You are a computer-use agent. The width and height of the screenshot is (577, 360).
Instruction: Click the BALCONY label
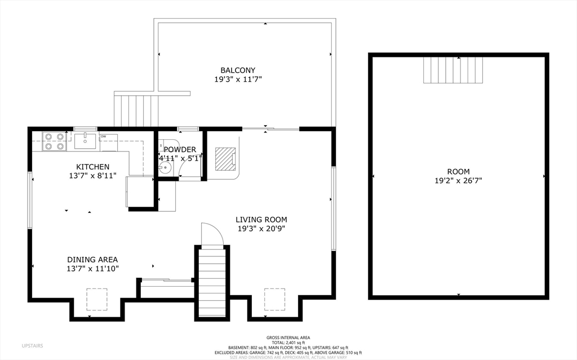237,70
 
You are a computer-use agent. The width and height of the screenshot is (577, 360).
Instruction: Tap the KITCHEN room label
93,167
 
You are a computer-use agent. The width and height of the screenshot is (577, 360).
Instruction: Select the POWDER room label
180,149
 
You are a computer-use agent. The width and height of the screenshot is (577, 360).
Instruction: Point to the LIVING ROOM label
261,220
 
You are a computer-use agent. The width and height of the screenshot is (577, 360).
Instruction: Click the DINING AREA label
92,260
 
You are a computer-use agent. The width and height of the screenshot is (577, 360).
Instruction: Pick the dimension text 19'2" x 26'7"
458,181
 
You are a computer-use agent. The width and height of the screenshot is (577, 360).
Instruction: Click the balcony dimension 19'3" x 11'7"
237,79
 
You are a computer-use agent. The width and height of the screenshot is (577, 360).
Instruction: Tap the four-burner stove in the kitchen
54,141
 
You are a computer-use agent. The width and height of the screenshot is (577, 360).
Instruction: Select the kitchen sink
85,140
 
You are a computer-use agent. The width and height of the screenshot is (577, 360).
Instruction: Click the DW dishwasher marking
104,136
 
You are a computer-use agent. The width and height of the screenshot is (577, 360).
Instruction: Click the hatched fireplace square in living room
225,158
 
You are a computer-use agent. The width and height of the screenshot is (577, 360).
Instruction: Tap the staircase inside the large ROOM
453,70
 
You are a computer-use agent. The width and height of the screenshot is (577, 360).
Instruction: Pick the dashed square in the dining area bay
96,299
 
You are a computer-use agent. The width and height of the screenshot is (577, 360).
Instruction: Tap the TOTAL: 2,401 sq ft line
288,343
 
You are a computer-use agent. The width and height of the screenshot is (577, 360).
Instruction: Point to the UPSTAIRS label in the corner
32,345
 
